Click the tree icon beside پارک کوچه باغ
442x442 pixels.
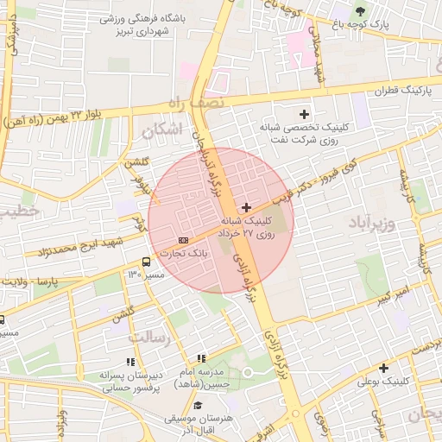pos(360,11)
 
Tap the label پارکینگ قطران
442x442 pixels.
pos(401,90)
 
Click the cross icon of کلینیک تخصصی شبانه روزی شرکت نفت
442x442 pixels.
pos(304,114)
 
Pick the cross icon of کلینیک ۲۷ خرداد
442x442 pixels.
pos(247,207)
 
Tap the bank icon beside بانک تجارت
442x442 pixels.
pos(183,239)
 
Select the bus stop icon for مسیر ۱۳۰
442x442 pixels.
pos(146,261)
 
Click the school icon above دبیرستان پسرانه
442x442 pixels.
pos(130,363)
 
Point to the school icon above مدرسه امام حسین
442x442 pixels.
pos(201,358)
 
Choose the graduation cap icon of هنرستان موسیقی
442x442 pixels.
pos(198,405)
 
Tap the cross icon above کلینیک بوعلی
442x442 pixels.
pos(383,367)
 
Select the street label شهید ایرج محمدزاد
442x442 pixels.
pos(77,250)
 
